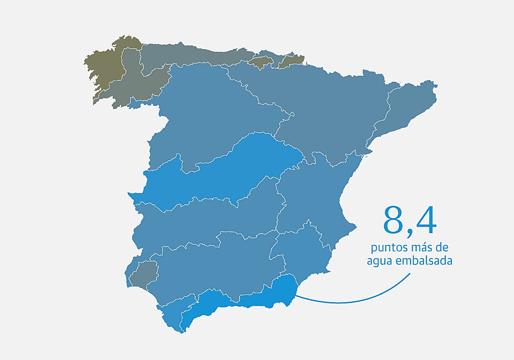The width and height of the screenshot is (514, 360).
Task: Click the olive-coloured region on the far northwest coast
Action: click(103, 69)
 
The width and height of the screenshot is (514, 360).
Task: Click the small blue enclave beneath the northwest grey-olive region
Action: click(135, 103)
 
